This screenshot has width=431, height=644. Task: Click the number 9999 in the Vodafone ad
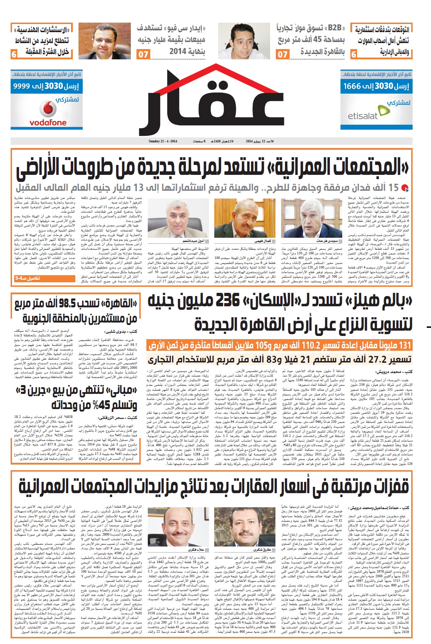click(22, 86)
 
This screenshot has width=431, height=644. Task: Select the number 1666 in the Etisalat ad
click(352, 86)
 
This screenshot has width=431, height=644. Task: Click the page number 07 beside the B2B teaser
click(282, 54)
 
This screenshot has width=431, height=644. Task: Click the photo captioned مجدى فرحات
click(311, 218)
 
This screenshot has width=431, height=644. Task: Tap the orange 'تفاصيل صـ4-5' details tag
click(27, 279)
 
